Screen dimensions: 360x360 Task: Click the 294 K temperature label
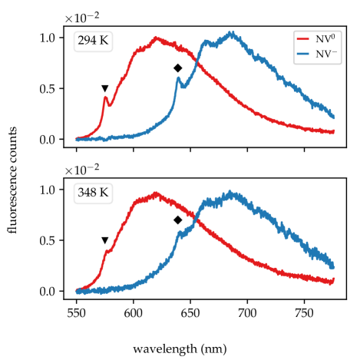(93, 41)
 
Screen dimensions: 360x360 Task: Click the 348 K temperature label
(93, 193)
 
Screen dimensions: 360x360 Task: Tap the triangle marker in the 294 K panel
(105, 88)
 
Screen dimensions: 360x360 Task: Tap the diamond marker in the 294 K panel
(177, 68)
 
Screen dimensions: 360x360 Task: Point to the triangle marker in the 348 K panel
(105, 240)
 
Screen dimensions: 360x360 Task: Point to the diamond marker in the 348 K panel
(177, 220)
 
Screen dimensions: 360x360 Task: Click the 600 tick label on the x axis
(134, 314)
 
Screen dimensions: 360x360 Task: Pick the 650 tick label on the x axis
(190, 314)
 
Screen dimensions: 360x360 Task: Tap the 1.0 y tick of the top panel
(48, 38)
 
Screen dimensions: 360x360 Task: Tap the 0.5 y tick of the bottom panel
(48, 240)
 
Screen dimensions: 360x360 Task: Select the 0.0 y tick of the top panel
(48, 139)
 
